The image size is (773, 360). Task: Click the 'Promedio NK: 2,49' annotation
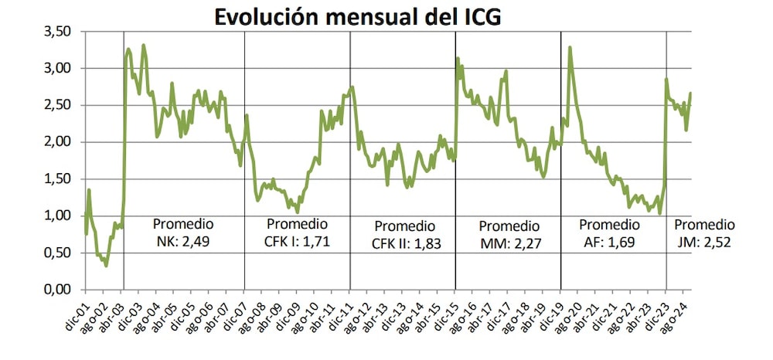click(x=183, y=233)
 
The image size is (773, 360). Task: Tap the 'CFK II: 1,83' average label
click(x=404, y=243)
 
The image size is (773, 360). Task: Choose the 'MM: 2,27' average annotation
click(x=509, y=243)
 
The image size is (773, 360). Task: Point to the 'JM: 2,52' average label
click(x=703, y=242)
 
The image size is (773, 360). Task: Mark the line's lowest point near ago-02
click(x=106, y=266)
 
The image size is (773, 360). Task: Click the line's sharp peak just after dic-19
click(x=570, y=47)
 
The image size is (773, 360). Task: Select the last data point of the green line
click(x=690, y=93)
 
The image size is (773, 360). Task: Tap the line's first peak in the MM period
click(x=458, y=58)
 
